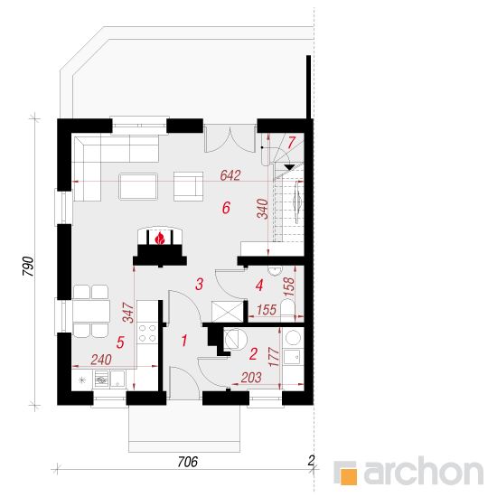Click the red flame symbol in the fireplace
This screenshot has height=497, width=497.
click(x=160, y=238)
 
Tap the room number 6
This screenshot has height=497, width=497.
click(x=226, y=208)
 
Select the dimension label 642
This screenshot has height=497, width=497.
click(x=230, y=175)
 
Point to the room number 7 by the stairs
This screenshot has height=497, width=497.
click(x=292, y=143)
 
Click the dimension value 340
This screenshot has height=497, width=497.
click(x=263, y=209)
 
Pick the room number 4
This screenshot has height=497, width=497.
click(x=259, y=286)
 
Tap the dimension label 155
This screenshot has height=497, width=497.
click(x=267, y=310)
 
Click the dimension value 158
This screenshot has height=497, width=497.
click(x=289, y=286)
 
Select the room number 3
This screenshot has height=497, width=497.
click(x=199, y=284)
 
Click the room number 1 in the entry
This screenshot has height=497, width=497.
click(x=184, y=341)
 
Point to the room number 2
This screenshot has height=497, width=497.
click(x=253, y=353)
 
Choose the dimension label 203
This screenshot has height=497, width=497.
click(x=251, y=378)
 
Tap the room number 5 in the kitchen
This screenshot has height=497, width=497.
click(x=120, y=342)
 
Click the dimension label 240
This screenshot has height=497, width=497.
click(x=101, y=360)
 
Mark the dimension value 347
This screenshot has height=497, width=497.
click(x=128, y=313)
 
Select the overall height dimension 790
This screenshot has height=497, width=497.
click(x=28, y=267)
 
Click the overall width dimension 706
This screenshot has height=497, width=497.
click(x=188, y=462)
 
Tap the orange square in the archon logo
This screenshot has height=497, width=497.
click(x=348, y=476)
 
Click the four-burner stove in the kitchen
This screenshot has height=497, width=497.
click(x=147, y=333)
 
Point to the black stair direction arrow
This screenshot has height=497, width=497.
click(x=289, y=167)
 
